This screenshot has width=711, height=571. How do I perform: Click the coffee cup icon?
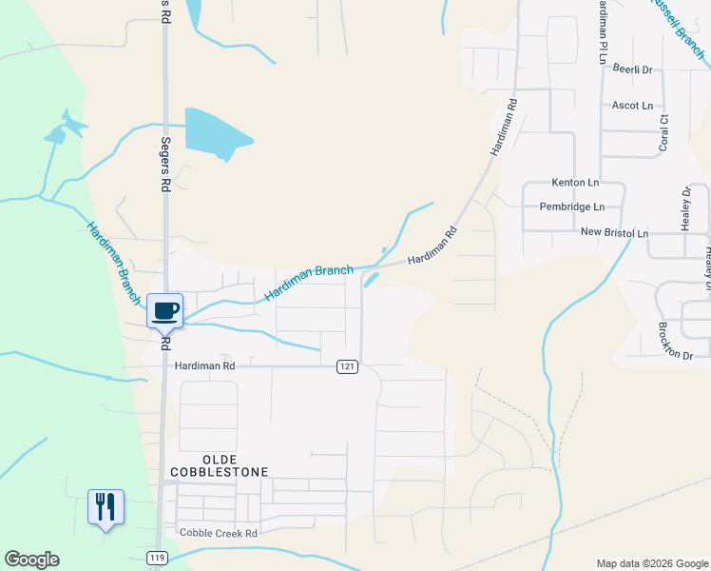point(164,310)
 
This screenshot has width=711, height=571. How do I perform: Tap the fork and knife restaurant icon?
point(105,505)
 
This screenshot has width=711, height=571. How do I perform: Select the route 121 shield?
point(347,366)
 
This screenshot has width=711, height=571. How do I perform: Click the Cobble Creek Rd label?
point(219,534)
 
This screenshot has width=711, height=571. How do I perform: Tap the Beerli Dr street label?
point(632,69)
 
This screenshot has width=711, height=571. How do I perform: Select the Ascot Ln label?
point(632,105)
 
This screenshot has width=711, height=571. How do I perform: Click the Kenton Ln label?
point(575,182)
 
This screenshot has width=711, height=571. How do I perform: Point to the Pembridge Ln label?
point(571,207)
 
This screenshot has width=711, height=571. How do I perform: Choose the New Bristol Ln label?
point(613,233)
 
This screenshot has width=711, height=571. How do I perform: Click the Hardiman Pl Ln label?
point(602,31)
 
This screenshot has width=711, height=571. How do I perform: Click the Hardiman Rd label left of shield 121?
point(203,364)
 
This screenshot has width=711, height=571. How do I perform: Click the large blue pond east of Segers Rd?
point(214,133)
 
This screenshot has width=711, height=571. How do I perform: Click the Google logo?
point(31,560)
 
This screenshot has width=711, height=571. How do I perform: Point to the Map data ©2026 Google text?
point(651,563)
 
